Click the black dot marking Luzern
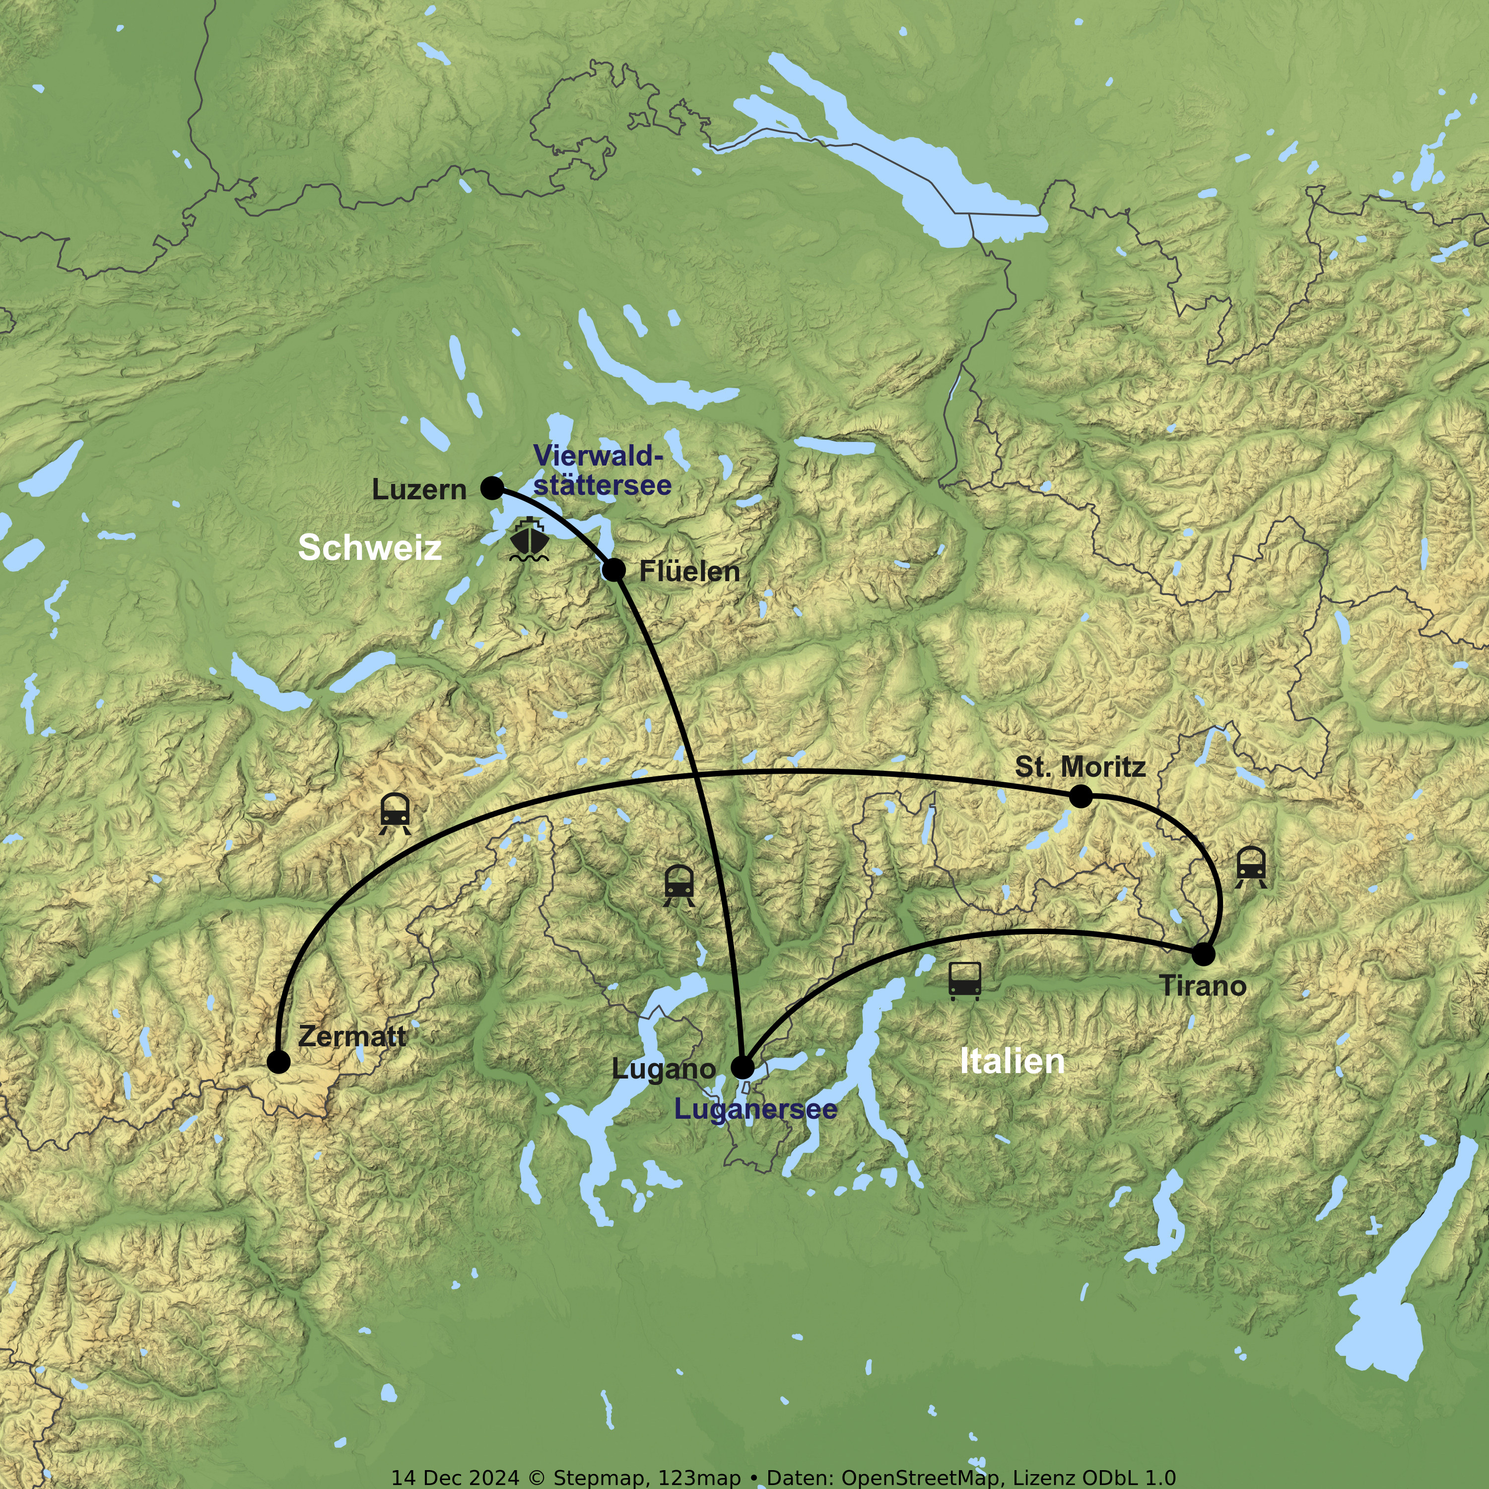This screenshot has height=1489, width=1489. (x=492, y=488)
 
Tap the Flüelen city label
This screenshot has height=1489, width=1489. (x=689, y=572)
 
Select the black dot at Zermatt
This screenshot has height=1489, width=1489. (x=278, y=1061)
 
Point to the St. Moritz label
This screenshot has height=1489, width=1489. (x=1080, y=767)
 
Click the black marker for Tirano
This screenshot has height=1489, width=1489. (x=1203, y=954)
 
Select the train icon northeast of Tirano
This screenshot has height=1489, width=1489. (x=1250, y=867)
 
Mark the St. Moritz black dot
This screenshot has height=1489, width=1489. (x=1081, y=796)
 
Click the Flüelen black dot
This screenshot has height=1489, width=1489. (x=613, y=570)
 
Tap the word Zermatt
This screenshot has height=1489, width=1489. (x=351, y=1037)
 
